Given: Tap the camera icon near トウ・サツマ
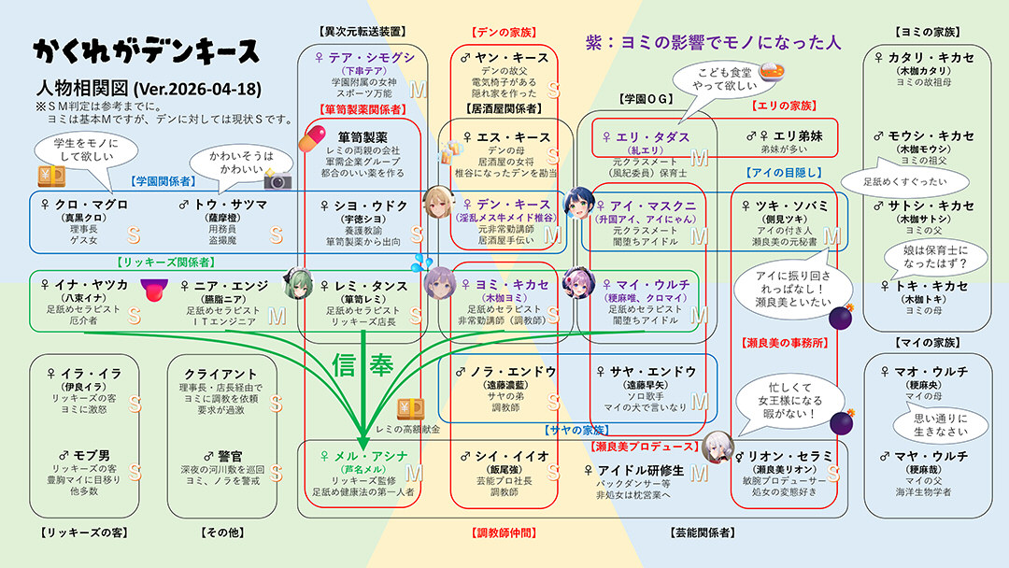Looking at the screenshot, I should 278,177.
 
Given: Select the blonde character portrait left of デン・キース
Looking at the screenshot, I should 436,201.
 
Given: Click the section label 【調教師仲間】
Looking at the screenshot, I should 504,532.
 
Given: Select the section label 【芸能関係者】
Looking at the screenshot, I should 702,532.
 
